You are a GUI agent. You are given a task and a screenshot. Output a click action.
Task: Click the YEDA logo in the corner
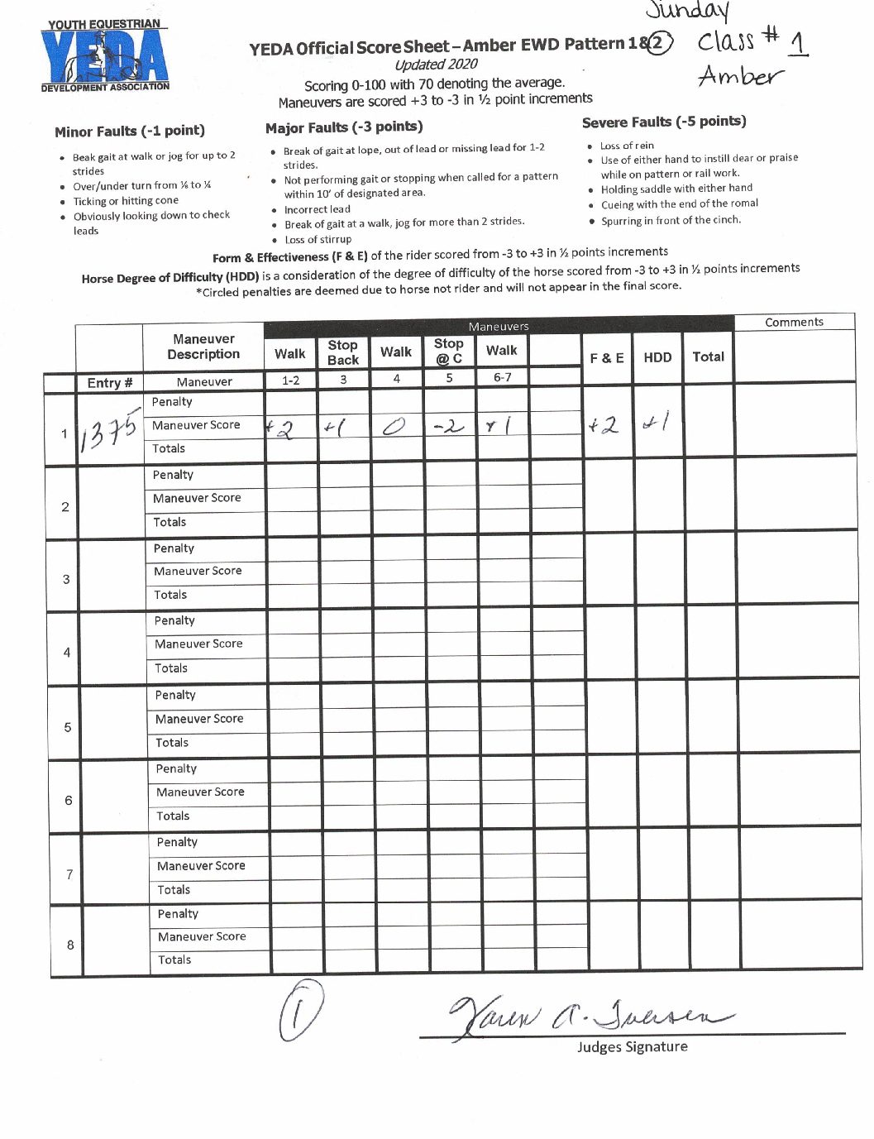pos(105,55)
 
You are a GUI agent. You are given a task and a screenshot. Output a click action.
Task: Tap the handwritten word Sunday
pos(689,11)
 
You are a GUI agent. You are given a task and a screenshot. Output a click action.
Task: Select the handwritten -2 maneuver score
pos(449,427)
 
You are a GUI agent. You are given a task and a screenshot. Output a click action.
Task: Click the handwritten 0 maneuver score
pos(394,428)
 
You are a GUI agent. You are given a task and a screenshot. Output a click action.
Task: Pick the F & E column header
pos(607,357)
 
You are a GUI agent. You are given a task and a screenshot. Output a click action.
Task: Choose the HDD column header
pos(657,357)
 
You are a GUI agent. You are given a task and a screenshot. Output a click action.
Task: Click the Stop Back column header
pos(342,352)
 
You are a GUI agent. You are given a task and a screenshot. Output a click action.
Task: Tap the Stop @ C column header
pos(449,351)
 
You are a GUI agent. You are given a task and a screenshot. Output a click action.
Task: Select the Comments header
pos(794,322)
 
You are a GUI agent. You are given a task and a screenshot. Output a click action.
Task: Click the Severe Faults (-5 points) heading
pos(663,122)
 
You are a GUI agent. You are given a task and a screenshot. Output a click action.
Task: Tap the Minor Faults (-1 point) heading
pos(130,131)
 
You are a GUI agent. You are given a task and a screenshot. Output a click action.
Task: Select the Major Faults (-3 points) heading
pos(344,127)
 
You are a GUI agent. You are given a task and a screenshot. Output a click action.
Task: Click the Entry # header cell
pos(109,382)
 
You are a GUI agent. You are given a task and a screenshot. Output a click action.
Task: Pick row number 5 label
pos(67,727)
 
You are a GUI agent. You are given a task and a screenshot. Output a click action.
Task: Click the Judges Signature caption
pos(632,1046)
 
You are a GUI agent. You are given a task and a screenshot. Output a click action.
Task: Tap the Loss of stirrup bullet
pos(318,239)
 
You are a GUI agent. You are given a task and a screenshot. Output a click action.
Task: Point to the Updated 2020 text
pos(436,65)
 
